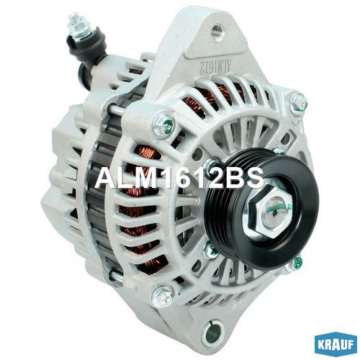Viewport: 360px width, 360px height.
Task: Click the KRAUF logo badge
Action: pos(336,345)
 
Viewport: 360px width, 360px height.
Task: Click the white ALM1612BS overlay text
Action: pos(179,179)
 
